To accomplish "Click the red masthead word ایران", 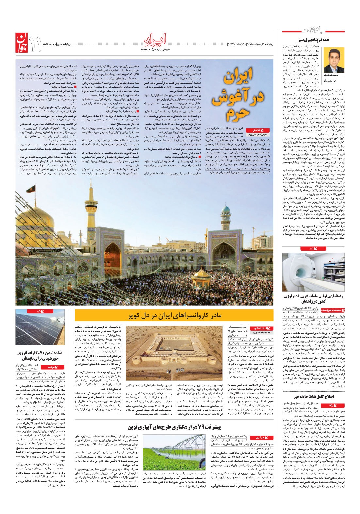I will coord(155,40).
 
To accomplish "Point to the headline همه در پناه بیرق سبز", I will coord(313,40).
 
